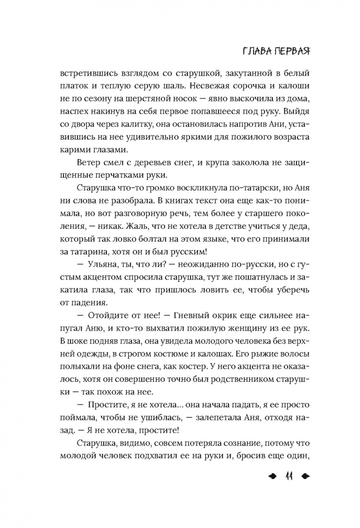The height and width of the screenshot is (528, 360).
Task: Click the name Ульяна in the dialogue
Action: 105,265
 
